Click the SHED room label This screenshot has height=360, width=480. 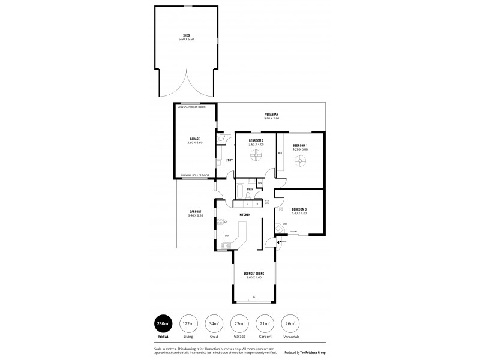coord(186,37)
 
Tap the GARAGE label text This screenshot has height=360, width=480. coord(195,140)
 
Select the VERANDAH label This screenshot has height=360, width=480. coord(272,116)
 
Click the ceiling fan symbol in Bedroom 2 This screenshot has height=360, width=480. coord(256,156)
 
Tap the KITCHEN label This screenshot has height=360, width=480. coord(245,214)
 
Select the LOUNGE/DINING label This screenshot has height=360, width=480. coord(255,275)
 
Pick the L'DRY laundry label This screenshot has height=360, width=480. coord(229,161)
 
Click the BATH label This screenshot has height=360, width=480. coord(250,190)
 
